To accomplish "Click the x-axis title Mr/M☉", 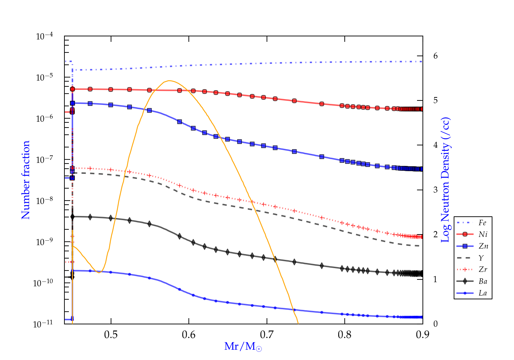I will tap(243, 347).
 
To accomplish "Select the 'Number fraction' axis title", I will tap(26, 180).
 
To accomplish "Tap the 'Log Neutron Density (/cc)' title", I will tap(445, 180).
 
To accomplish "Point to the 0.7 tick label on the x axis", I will tap(267, 335).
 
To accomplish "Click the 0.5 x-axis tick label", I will tap(111, 335).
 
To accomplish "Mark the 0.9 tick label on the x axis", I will tap(423, 335).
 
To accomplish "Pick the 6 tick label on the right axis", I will tap(436, 56).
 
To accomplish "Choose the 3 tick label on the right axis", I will tap(436, 190).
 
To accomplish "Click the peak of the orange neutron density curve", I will tap(169, 81).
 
